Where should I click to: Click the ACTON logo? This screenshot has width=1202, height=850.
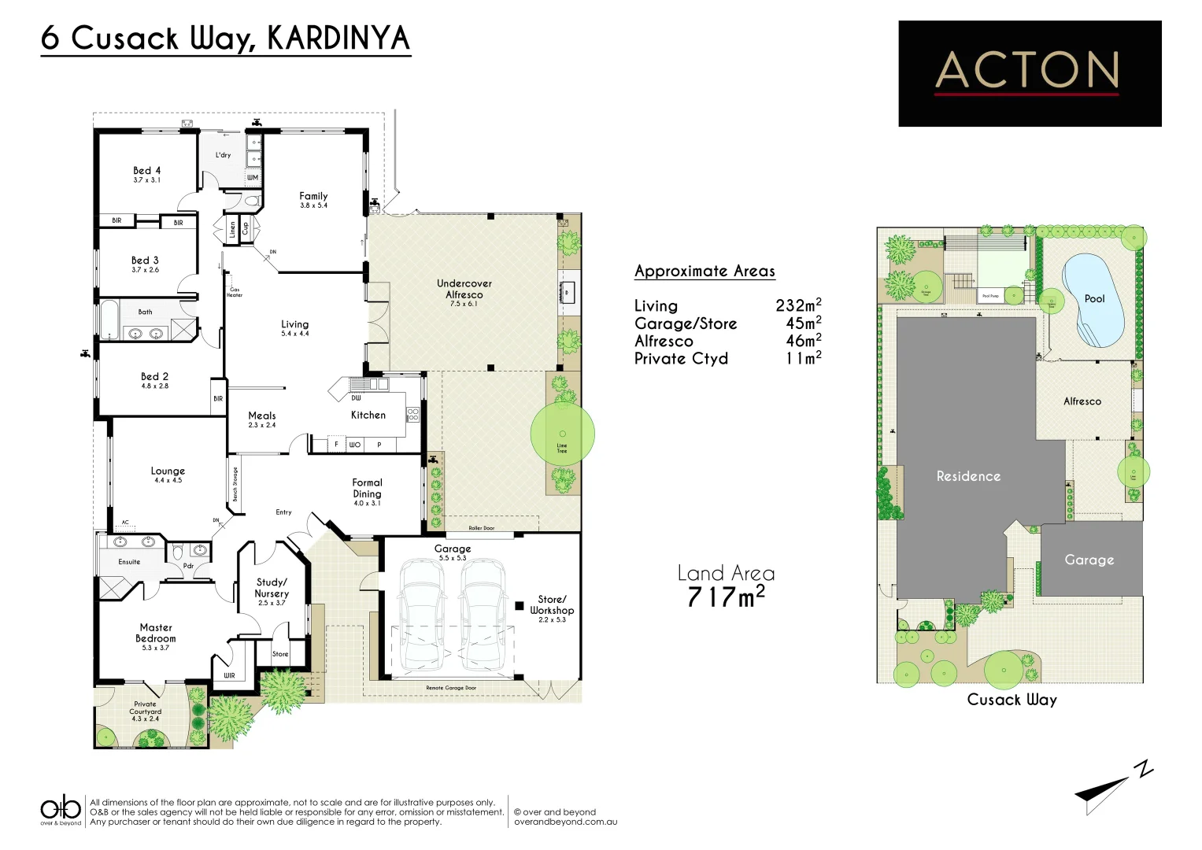click(1029, 73)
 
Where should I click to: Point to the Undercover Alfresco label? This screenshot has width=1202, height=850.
click(464, 289)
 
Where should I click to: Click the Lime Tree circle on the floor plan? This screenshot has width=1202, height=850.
click(562, 434)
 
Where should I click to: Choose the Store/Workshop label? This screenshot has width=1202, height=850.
click(552, 606)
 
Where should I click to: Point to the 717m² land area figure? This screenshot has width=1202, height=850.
click(725, 597)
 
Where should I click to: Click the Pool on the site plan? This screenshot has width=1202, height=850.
click(1093, 300)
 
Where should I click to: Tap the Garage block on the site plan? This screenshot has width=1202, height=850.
click(1090, 560)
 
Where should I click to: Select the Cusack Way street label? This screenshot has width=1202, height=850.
click(1012, 700)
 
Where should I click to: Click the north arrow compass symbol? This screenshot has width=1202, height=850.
click(1110, 788)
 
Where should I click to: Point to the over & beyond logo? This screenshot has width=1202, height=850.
click(61, 810)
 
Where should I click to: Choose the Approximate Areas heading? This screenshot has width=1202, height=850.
click(705, 272)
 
